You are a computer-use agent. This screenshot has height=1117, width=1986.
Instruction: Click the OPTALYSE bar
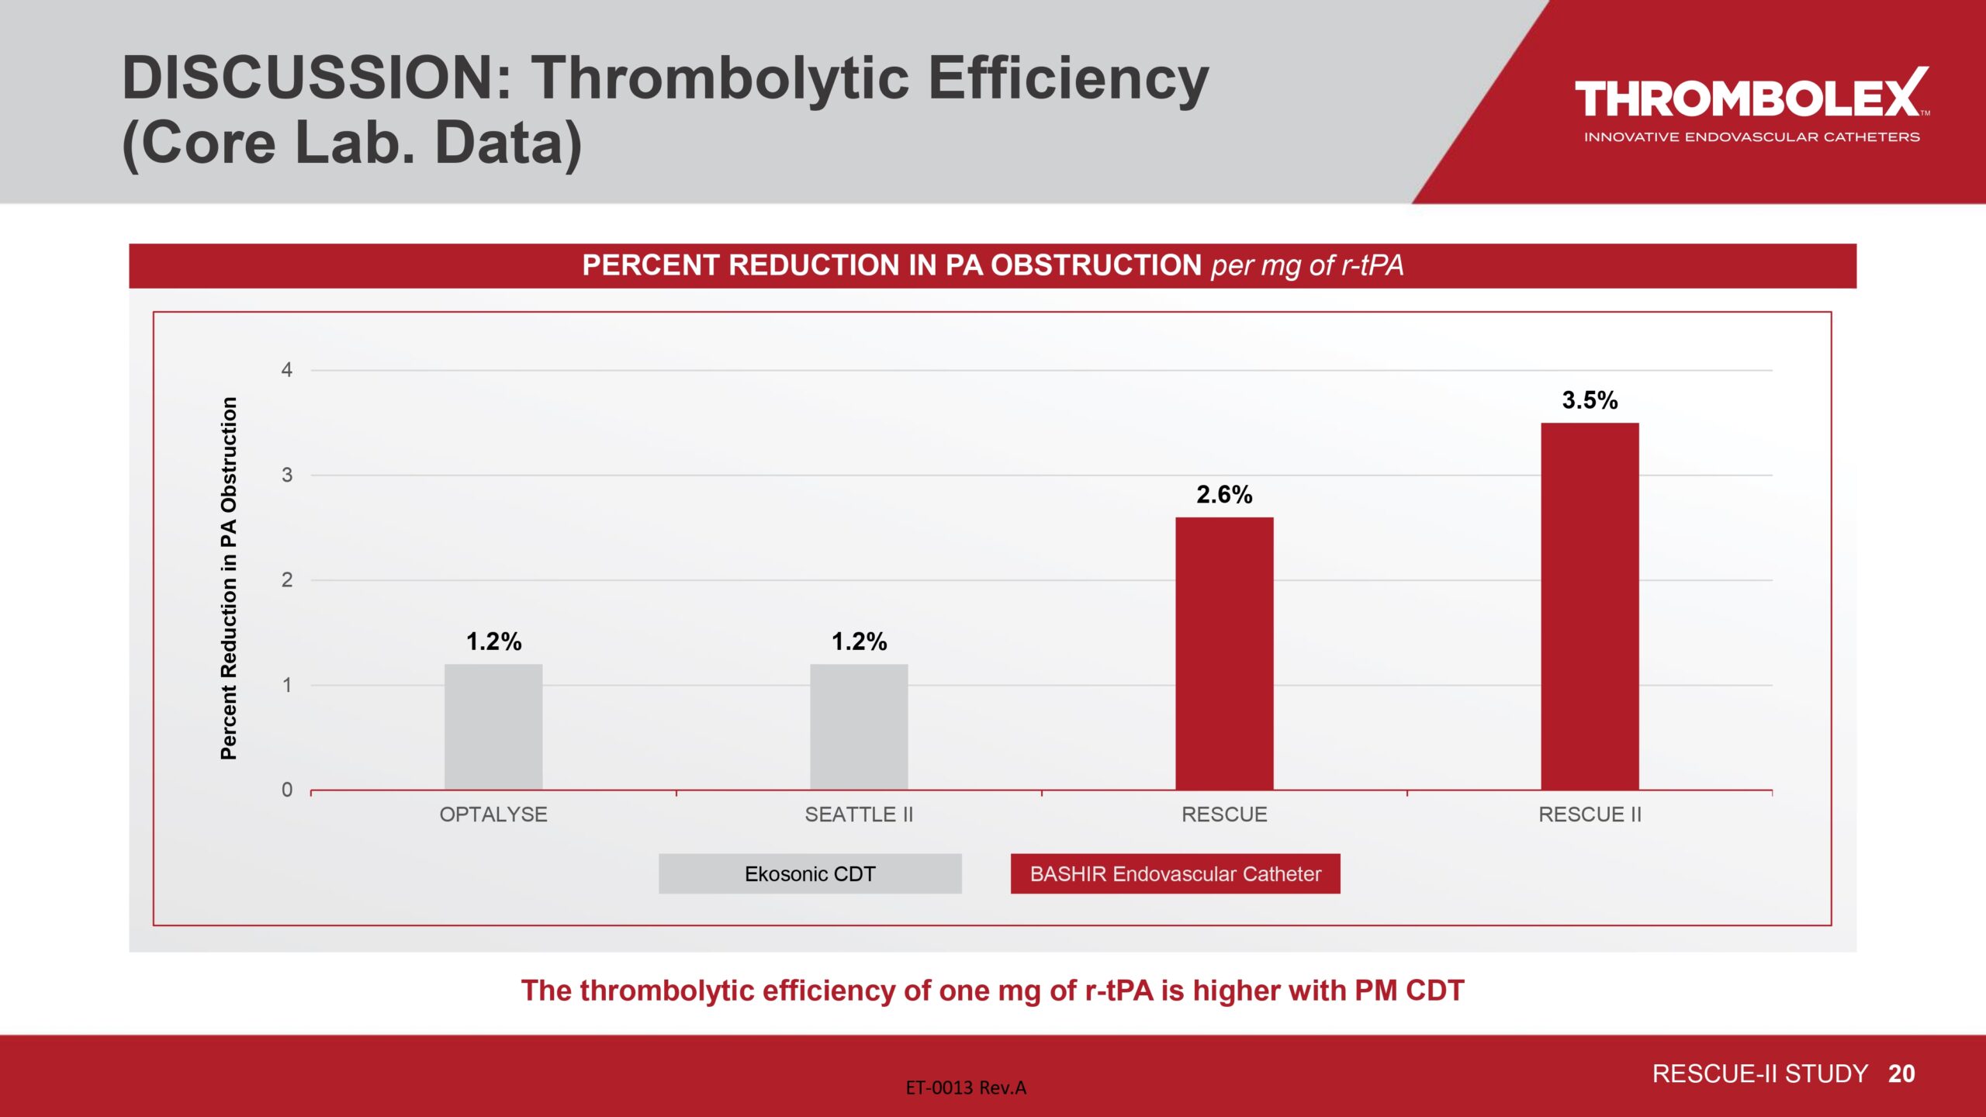point(493,727)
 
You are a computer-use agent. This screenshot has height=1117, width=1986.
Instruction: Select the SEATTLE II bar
point(859,727)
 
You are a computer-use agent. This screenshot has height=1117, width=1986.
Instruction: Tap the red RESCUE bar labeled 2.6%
point(1224,653)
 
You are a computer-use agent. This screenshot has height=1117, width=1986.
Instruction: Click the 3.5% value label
point(1590,400)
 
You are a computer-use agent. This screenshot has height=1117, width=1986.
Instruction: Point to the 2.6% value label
point(1224,495)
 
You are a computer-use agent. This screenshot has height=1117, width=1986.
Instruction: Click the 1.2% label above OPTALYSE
point(493,641)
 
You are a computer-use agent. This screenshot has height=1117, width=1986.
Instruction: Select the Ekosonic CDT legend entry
point(810,874)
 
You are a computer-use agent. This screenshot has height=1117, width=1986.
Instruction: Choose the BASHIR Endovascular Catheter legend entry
point(1175,874)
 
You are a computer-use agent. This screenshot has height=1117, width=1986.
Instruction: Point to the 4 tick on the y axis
point(287,370)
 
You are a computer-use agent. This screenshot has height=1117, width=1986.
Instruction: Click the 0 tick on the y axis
point(287,790)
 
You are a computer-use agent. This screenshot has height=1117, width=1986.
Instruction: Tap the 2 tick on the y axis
point(287,580)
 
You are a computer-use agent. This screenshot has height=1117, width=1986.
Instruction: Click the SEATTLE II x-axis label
point(859,814)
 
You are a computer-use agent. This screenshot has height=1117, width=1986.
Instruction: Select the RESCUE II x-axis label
point(1590,814)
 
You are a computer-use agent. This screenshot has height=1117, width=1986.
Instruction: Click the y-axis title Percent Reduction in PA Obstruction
point(229,578)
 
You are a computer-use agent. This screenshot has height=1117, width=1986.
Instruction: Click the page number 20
point(1901,1074)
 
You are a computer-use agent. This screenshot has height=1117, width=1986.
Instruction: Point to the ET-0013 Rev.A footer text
point(966,1088)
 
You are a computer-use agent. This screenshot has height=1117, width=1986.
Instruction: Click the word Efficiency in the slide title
point(1068,78)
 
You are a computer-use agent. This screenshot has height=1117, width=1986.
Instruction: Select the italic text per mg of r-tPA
point(1307,265)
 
